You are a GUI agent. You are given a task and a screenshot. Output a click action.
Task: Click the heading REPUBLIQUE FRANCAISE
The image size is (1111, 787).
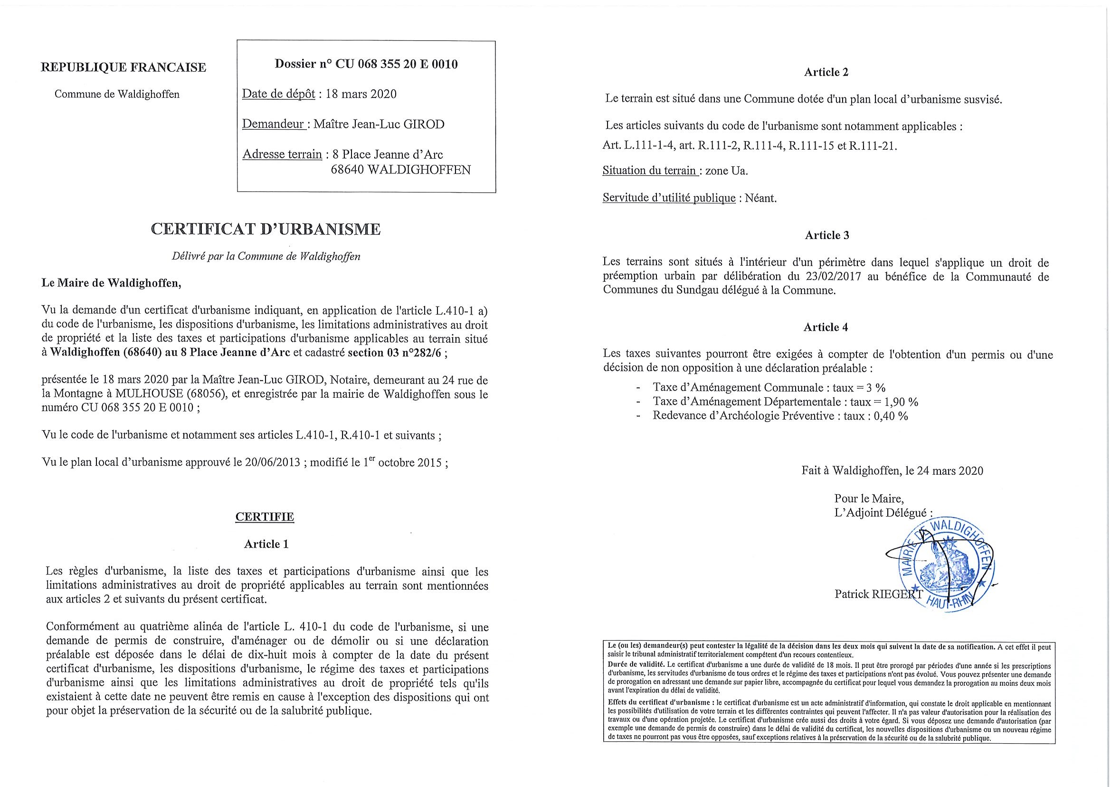click(x=123, y=67)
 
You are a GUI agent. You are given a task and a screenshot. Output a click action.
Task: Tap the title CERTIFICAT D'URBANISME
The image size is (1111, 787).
click(x=266, y=229)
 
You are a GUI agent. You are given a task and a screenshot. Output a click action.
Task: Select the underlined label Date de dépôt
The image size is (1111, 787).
click(x=278, y=94)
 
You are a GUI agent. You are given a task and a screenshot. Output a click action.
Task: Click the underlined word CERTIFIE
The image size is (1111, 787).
click(x=265, y=517)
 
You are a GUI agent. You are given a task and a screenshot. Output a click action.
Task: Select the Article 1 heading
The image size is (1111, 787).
click(x=266, y=544)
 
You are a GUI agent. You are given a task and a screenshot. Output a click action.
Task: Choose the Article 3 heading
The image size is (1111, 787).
click(x=826, y=235)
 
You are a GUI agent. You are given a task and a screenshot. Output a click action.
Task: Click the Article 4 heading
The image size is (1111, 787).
click(x=825, y=327)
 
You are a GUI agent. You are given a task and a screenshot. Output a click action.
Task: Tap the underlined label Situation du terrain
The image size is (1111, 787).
click(x=649, y=171)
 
